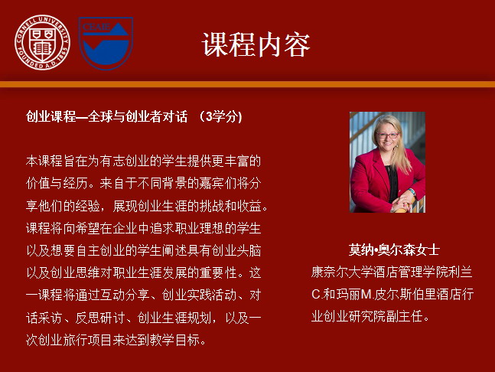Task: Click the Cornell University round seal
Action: click(43, 42)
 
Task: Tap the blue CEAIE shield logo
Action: click(106, 43)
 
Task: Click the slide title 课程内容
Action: click(256, 44)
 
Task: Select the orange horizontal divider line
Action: click(248, 84)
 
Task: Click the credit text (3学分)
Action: click(220, 117)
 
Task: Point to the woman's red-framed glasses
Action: click(387, 135)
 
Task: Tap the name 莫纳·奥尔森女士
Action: click(394, 250)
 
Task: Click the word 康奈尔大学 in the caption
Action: click(342, 272)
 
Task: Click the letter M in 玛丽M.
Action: click(366, 295)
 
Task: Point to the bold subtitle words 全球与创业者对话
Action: click(138, 117)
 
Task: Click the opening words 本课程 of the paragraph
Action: click(44, 161)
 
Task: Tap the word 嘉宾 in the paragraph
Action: click(211, 184)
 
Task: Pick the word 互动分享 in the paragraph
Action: click(125, 295)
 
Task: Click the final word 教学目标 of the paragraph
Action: click(175, 340)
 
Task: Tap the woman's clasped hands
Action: click(402, 202)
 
